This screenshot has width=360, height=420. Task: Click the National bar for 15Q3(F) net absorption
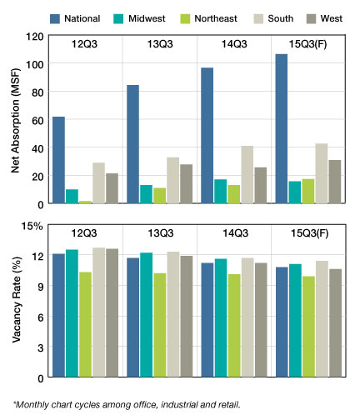pos(282,128)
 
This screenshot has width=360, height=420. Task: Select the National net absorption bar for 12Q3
pos(58,160)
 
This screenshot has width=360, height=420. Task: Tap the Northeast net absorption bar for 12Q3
pos(85,202)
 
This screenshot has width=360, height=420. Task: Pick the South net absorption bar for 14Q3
pos(247,175)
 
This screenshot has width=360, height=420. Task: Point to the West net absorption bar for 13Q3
pos(186,184)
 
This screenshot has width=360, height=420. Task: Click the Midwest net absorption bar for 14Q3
pos(221,192)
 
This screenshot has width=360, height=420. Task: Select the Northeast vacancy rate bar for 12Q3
pos(85,324)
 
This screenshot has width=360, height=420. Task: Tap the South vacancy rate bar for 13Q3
pos(172,314)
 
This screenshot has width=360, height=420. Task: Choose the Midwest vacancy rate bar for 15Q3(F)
pos(295,321)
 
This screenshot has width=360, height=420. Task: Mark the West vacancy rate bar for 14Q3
pos(261,320)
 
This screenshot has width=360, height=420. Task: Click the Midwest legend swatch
pos(118,19)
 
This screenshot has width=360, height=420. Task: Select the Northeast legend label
pos(216,18)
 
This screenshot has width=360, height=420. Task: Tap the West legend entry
pos(324,18)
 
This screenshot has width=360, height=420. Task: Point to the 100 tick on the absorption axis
pos(35,64)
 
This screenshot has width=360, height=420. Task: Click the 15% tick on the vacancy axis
pos(32,226)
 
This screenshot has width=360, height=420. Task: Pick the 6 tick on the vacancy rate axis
pos(41,317)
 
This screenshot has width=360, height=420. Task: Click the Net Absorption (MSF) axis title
pos(16,120)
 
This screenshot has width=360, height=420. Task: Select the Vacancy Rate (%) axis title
pos(17,299)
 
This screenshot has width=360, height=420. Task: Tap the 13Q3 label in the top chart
pos(160,44)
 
